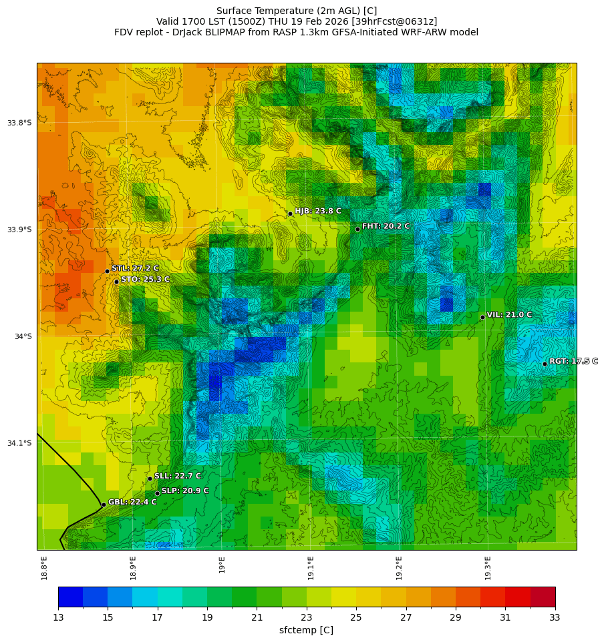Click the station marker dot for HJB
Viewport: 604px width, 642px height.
click(x=290, y=214)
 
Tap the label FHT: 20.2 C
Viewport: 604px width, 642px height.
click(x=386, y=226)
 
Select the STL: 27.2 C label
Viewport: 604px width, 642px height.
click(x=135, y=268)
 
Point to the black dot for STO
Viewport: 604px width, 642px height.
click(x=116, y=282)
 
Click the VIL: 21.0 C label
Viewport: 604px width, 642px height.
click(x=509, y=315)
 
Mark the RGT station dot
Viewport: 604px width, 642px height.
click(x=545, y=364)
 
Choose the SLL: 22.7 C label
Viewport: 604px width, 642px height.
click(x=178, y=476)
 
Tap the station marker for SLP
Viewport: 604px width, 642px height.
click(x=157, y=493)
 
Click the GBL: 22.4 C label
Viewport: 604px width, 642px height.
click(x=132, y=503)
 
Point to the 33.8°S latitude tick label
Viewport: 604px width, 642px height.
click(x=19, y=123)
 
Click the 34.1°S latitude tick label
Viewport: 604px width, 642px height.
click(x=19, y=443)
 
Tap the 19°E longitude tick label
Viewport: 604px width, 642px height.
click(x=222, y=565)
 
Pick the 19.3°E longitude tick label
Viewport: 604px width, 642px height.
click(x=488, y=568)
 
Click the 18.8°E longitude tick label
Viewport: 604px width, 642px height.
click(x=45, y=568)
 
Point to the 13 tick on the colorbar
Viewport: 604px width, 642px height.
click(x=58, y=618)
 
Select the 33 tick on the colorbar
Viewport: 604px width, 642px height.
click(x=555, y=618)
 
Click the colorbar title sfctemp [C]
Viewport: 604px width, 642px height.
click(x=306, y=631)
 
